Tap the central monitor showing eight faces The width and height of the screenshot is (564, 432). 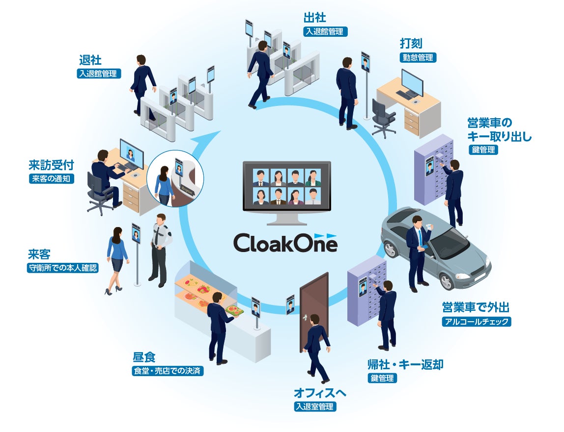(287, 187)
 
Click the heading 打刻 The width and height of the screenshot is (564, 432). (411, 44)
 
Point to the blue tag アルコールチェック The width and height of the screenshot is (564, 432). (477, 322)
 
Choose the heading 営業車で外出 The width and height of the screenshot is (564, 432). (476, 308)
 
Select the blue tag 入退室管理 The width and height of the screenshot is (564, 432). (314, 407)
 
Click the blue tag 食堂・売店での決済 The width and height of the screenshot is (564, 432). (168, 371)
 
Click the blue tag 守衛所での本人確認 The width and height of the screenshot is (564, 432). (63, 268)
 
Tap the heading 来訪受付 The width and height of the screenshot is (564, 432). (51, 164)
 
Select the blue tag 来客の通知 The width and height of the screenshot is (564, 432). (51, 178)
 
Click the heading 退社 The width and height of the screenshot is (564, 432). (90, 60)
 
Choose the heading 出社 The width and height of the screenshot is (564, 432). (314, 18)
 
